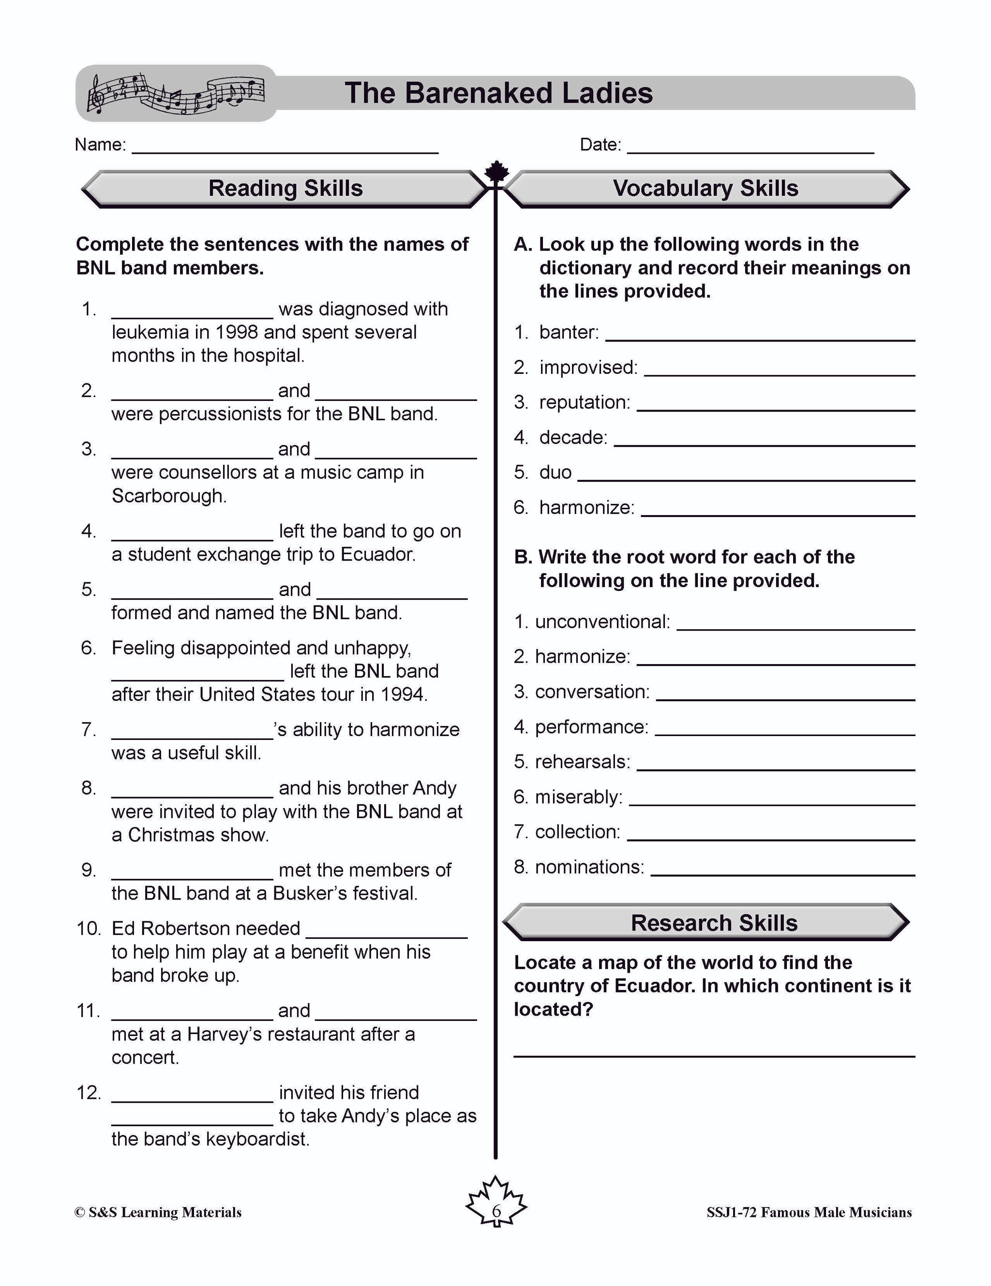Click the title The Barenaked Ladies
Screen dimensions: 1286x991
(x=498, y=93)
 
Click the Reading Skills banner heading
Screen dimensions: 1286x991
(x=285, y=189)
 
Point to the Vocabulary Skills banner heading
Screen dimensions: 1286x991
(x=705, y=189)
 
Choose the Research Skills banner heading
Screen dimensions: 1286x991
(x=714, y=923)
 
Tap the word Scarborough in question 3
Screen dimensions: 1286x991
(x=168, y=496)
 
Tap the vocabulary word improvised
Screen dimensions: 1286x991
(x=587, y=368)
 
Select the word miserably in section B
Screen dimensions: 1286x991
(x=577, y=797)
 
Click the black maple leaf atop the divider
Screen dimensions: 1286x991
(x=496, y=171)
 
